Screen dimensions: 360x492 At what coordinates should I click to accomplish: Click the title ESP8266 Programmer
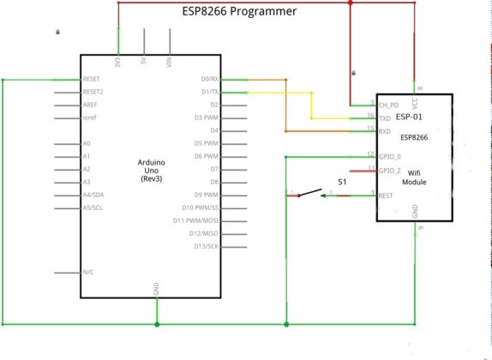click(240, 11)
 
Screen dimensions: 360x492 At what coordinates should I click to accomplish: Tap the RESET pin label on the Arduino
click(92, 79)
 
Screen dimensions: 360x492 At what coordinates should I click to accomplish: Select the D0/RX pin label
click(209, 79)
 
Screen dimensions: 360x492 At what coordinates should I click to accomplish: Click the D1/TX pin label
click(209, 92)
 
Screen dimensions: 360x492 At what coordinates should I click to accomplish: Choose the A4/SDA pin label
click(93, 195)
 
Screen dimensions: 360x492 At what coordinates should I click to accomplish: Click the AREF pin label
click(91, 105)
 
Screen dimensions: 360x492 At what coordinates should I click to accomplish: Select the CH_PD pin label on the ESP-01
click(388, 105)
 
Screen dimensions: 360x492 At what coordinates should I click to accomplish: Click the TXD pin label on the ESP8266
click(385, 117)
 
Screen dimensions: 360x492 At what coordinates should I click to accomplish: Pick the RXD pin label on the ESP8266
click(385, 131)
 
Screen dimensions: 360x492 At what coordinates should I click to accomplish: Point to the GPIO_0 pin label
click(390, 157)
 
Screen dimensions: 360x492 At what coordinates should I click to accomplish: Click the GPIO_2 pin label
click(390, 171)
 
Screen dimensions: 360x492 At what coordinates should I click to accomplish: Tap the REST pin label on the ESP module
click(387, 195)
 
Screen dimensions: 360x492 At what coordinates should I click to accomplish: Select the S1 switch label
click(342, 183)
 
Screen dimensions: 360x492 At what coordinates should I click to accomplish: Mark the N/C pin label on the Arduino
click(87, 273)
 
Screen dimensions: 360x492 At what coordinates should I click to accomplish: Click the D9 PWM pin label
click(206, 195)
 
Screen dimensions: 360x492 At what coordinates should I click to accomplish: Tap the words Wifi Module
click(414, 177)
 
